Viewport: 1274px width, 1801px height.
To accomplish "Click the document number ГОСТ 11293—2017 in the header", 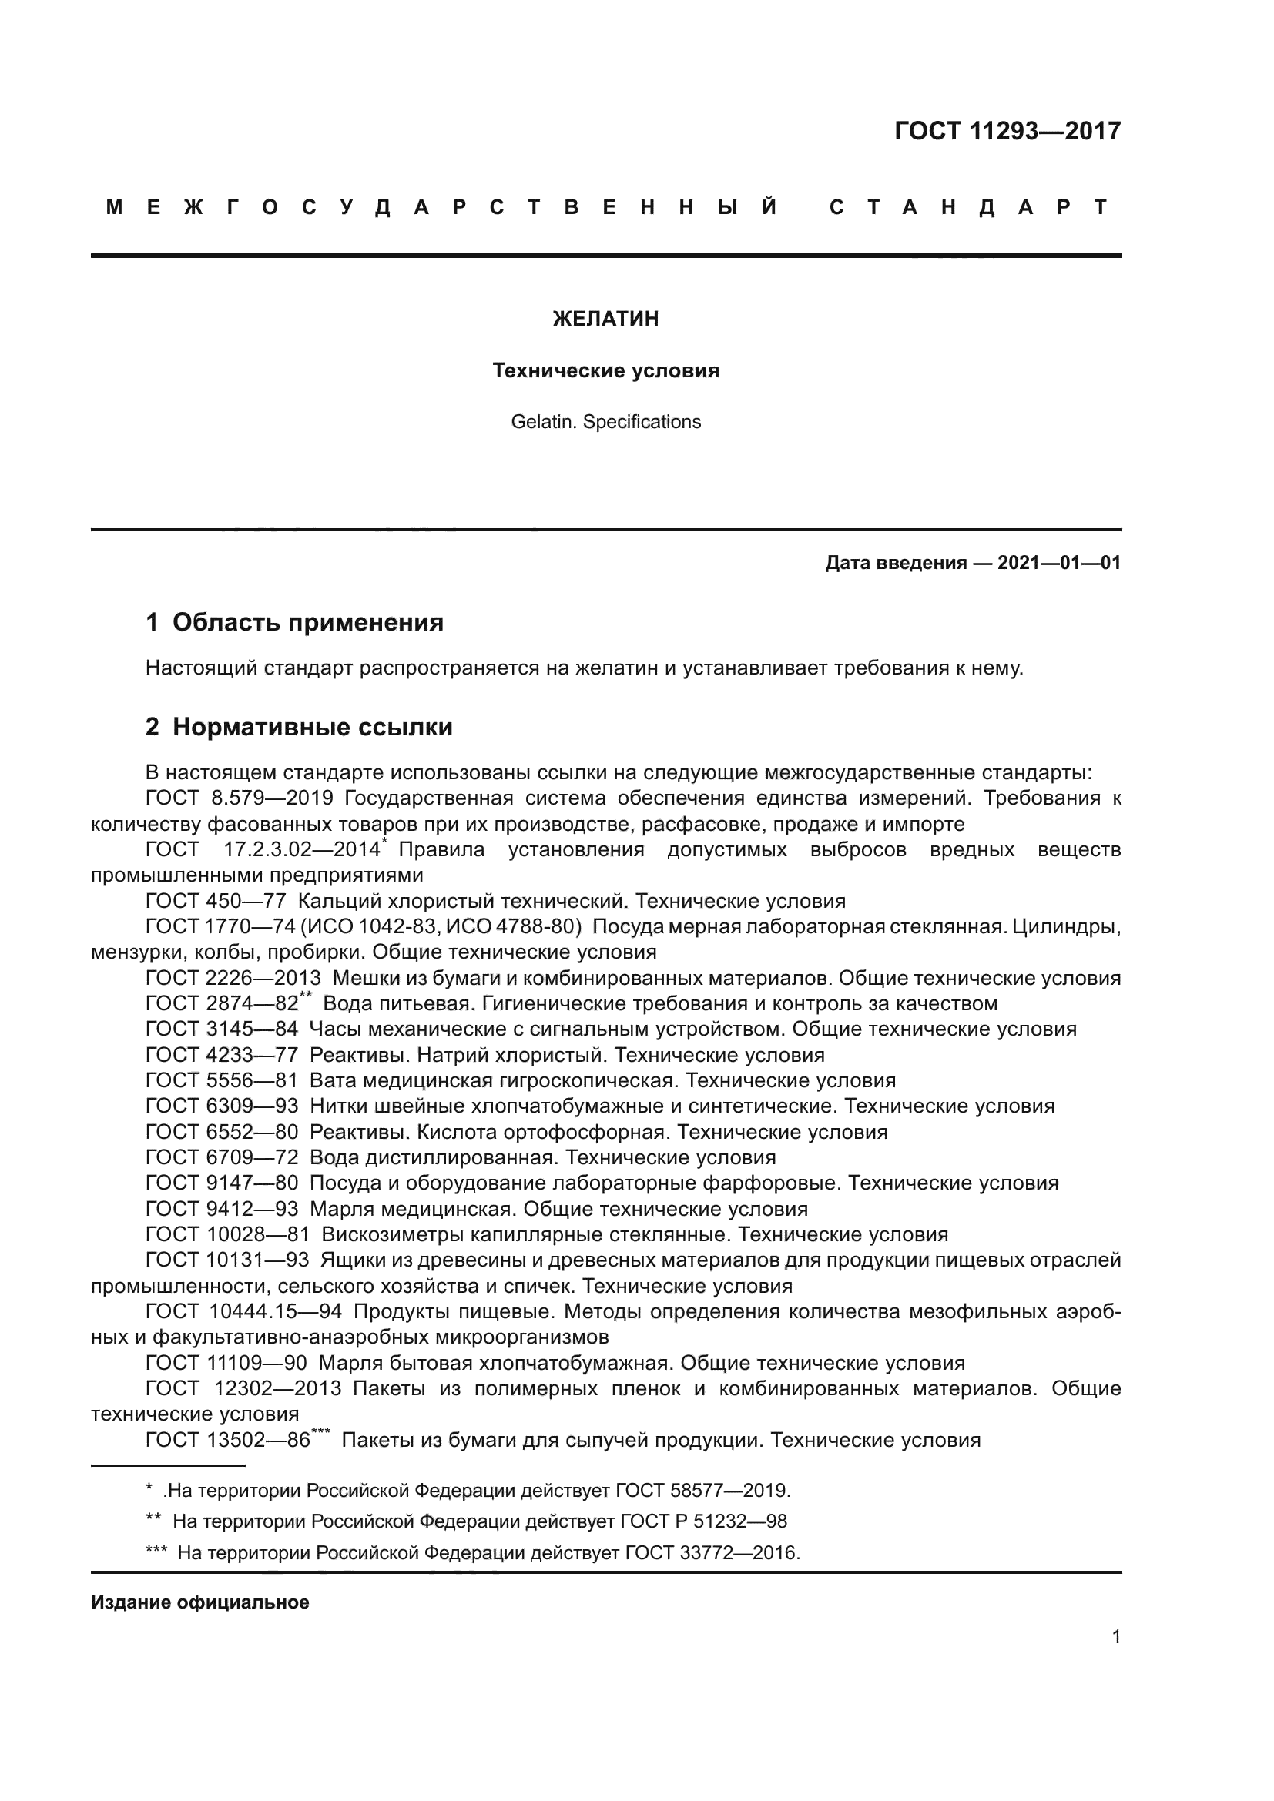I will tap(1007, 131).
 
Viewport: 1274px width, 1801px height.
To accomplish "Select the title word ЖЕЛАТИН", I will tap(605, 319).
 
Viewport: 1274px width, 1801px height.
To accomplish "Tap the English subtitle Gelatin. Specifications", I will tap(605, 422).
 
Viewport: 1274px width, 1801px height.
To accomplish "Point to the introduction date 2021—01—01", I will tap(1059, 562).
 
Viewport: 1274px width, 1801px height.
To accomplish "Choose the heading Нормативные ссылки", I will tap(312, 727).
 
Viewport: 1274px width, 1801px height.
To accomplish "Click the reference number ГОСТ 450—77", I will tap(216, 902).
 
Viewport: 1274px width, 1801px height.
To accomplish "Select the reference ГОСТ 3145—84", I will tap(222, 1029).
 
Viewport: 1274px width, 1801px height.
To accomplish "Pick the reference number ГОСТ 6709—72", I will tap(222, 1158).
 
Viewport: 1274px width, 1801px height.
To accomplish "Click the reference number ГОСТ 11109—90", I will tap(226, 1364).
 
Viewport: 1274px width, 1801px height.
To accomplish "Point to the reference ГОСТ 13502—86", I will tap(228, 1440).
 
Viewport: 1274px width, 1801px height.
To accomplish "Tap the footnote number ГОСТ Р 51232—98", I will tap(704, 1521).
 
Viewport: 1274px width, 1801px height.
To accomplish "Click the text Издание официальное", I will tap(200, 1602).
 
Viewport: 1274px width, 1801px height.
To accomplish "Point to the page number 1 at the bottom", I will tap(1116, 1637).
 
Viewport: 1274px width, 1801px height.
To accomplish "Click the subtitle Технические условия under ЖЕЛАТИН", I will tap(605, 370).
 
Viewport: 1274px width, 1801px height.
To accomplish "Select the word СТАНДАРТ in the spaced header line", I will tap(969, 208).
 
